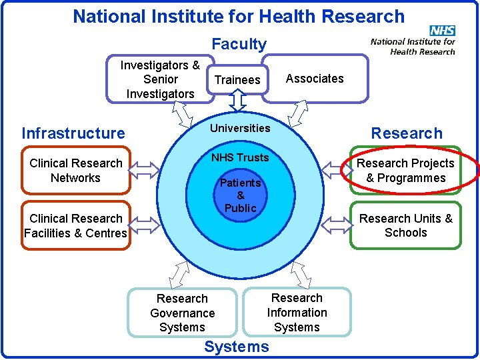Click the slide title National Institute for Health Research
pyautogui.click(x=239, y=16)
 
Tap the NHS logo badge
pyautogui.click(x=442, y=31)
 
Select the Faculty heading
pyautogui.click(x=239, y=45)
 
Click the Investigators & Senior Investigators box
pyautogui.click(x=160, y=79)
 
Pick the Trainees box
pyautogui.click(x=237, y=80)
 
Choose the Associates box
pyautogui.click(x=315, y=79)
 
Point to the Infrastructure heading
pyautogui.click(x=73, y=133)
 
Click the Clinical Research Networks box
pyautogui.click(x=76, y=171)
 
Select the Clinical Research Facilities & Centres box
pyautogui.click(x=75, y=225)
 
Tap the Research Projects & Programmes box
pyautogui.click(x=405, y=171)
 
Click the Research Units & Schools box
pyautogui.click(x=405, y=225)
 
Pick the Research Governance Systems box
pyautogui.click(x=182, y=313)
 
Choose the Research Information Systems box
pyautogui.click(x=297, y=312)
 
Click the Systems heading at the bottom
pyautogui.click(x=237, y=347)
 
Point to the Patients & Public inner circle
pyautogui.click(x=240, y=195)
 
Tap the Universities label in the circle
pyautogui.click(x=240, y=128)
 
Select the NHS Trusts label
pyautogui.click(x=240, y=157)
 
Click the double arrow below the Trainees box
pyautogui.click(x=238, y=100)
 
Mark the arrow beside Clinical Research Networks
pyautogui.click(x=144, y=171)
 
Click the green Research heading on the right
pyautogui.click(x=407, y=133)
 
